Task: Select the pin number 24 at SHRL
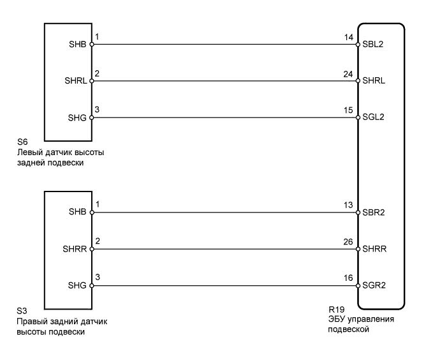coord(348,73)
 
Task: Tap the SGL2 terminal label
coord(372,117)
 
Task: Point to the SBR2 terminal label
coord(372,212)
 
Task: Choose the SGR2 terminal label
coord(372,284)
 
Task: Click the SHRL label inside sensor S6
coord(77,82)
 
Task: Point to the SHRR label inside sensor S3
coord(77,248)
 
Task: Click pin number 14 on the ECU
coord(348,38)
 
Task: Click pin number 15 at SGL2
coord(348,110)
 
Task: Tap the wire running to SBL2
coord(223,45)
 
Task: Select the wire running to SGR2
coord(223,284)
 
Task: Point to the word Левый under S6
coord(31,153)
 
